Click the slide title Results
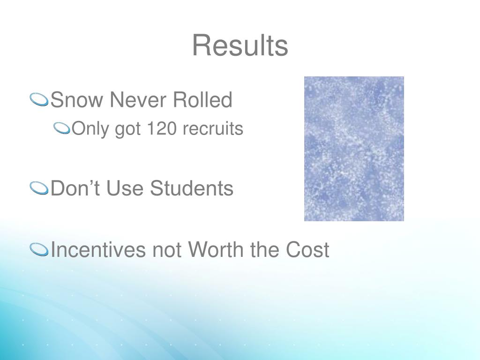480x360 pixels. pyautogui.click(x=240, y=46)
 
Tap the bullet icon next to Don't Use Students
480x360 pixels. pyautogui.click(x=39, y=188)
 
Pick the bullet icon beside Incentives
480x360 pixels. pyautogui.click(x=39, y=250)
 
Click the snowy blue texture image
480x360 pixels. pyautogui.click(x=354, y=149)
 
